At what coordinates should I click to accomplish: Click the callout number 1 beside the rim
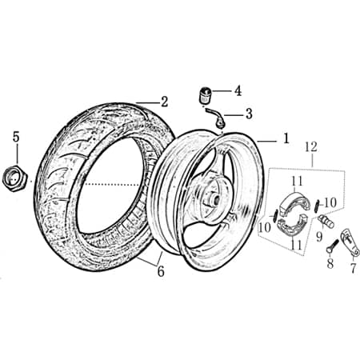click(286, 138)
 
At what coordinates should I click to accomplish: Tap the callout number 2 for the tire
click(164, 102)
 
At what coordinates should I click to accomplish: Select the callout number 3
click(249, 114)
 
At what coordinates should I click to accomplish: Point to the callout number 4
click(238, 90)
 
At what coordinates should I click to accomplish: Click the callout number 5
click(15, 137)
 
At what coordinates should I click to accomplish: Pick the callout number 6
click(160, 272)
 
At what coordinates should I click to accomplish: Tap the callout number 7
click(353, 269)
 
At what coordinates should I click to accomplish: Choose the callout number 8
click(329, 265)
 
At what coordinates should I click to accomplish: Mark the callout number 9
click(318, 236)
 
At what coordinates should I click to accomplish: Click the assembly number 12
click(312, 146)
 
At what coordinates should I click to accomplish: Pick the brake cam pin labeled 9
click(326, 218)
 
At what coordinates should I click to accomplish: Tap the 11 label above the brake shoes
click(297, 181)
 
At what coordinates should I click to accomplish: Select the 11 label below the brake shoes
click(296, 244)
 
